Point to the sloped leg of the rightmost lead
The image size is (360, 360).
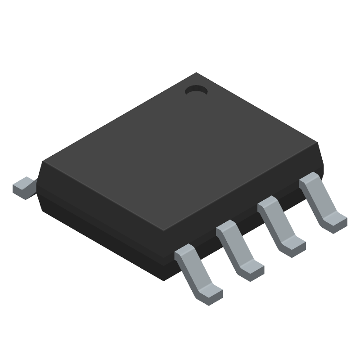pyautogui.click(x=323, y=200)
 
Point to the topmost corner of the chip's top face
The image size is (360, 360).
pyautogui.click(x=197, y=73)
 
